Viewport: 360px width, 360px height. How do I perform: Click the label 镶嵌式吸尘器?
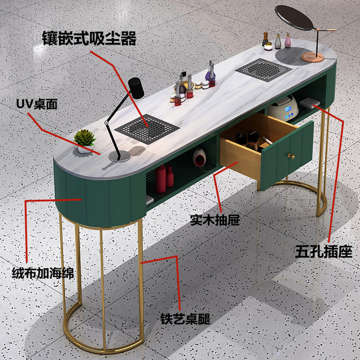(x=89, y=38)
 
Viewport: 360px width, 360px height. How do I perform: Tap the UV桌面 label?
(x=36, y=104)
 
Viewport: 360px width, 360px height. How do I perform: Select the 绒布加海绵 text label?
(x=43, y=273)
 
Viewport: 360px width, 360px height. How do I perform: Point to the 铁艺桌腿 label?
(x=185, y=318)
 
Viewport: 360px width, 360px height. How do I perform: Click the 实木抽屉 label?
(x=215, y=220)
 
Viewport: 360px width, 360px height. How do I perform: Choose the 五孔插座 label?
(x=323, y=251)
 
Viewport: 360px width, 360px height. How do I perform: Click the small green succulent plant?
(x=84, y=137)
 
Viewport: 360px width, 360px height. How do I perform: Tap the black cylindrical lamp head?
(x=136, y=88)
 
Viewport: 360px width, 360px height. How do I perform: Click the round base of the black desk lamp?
(x=119, y=156)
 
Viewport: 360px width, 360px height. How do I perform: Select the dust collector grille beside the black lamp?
(x=147, y=129)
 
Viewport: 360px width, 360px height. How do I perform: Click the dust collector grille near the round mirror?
(x=263, y=70)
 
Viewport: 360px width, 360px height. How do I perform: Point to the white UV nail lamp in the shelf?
(x=283, y=108)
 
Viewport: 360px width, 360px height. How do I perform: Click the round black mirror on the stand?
(x=294, y=18)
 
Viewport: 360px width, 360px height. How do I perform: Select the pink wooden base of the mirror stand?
(x=312, y=57)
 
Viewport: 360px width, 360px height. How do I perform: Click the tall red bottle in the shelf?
(x=160, y=178)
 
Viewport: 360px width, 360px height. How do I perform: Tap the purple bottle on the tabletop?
(x=210, y=74)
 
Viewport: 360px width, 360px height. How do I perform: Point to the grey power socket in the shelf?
(x=309, y=103)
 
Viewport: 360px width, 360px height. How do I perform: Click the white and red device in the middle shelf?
(x=199, y=158)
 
